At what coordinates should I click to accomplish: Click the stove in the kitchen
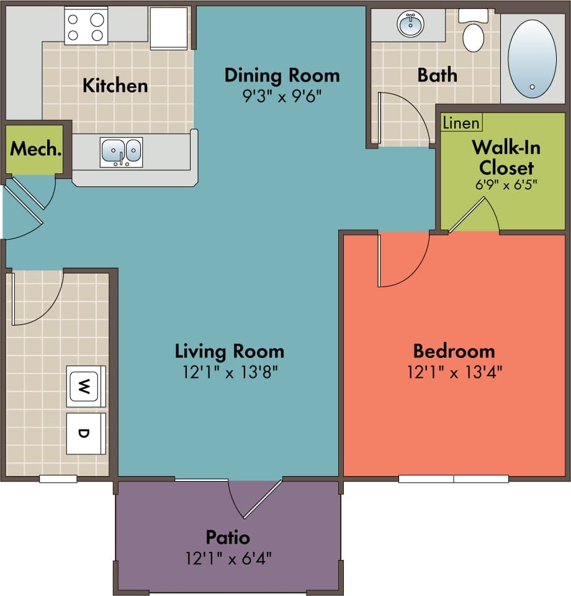[x=86, y=26]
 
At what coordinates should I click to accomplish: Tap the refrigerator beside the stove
[x=169, y=28]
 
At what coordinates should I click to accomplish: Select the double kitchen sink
[x=122, y=152]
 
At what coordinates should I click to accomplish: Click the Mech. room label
[x=36, y=149]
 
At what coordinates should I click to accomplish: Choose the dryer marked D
[x=86, y=433]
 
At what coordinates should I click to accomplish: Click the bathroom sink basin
[x=409, y=25]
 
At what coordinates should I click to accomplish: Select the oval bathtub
[x=532, y=58]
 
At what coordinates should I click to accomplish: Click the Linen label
[x=461, y=123]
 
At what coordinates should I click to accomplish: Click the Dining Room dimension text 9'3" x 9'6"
[x=282, y=98]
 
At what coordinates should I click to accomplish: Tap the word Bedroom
[x=454, y=351]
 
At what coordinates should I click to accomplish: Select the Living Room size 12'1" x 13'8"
[x=229, y=372]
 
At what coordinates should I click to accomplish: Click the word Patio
[x=228, y=536]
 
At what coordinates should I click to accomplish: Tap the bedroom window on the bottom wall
[x=453, y=479]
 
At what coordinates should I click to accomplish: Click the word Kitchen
[x=115, y=85]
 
